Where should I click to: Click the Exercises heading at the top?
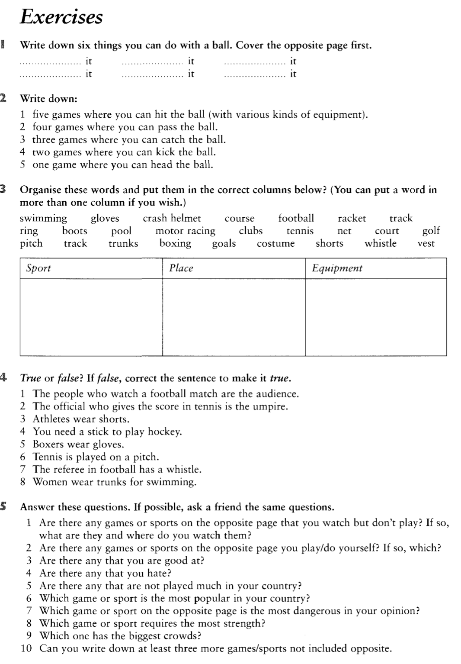pos(61,17)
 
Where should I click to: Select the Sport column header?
pos(38,268)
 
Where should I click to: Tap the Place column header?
pos(181,268)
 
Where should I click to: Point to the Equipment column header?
pos(337,268)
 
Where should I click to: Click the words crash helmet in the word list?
pos(172,218)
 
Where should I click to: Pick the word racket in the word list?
pos(352,218)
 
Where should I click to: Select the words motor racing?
pos(185,231)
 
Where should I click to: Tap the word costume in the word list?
pos(275,243)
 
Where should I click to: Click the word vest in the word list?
pos(426,243)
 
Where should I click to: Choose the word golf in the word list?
pos(431,231)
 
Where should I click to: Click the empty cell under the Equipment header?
pos(376,317)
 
